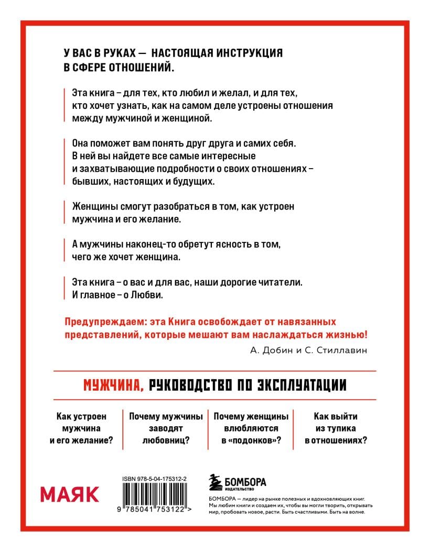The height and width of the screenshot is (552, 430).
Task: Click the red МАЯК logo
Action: (x=70, y=493)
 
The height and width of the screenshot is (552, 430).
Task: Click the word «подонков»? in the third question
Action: (x=255, y=440)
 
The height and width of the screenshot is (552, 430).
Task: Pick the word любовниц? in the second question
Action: (x=166, y=440)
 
